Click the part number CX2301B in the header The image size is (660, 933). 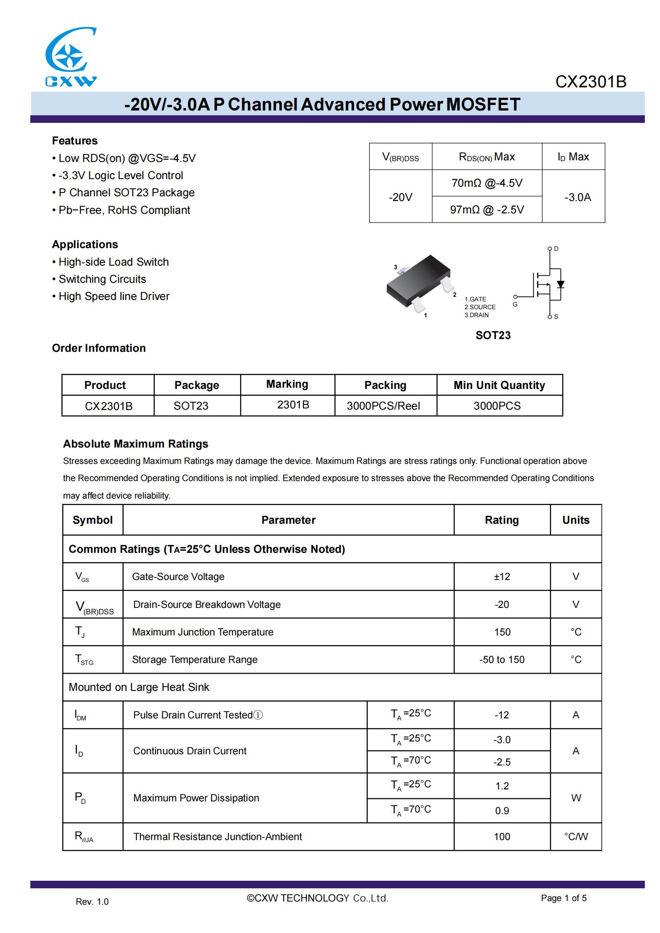pos(591,82)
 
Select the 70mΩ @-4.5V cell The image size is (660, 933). pos(486,183)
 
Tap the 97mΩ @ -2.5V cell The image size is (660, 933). pos(486,210)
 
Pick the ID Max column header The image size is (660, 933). pos(573,157)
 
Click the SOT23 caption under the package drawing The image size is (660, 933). pos(492,335)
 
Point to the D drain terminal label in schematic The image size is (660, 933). pos(556,249)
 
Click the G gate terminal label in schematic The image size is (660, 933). pos(515,304)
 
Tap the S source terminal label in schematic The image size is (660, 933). pos(556,317)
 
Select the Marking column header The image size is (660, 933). pos(287,384)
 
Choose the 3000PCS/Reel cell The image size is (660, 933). pos(383,406)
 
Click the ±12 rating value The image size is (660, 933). pos(502,577)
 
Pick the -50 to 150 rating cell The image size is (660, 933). pos(502,659)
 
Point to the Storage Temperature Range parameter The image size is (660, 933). pos(195,659)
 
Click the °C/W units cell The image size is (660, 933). pos(575,836)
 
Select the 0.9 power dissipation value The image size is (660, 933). pos(502,811)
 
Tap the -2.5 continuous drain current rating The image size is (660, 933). pos(502,762)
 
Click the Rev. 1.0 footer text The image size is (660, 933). pos(92,902)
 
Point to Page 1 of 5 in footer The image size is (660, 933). pos(563,898)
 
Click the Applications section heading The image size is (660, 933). pos(85,244)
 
